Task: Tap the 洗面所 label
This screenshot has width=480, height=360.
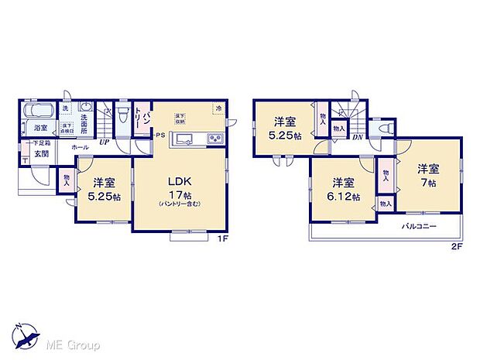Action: (91, 125)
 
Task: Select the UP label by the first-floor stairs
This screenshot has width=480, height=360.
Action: (103, 143)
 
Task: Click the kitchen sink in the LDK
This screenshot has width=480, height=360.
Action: (186, 139)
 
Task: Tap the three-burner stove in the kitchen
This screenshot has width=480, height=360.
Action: (214, 139)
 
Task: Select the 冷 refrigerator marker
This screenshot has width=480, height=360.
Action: (219, 108)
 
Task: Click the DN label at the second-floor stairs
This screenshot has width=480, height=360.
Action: (358, 138)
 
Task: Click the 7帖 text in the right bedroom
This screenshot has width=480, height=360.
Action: (428, 181)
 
